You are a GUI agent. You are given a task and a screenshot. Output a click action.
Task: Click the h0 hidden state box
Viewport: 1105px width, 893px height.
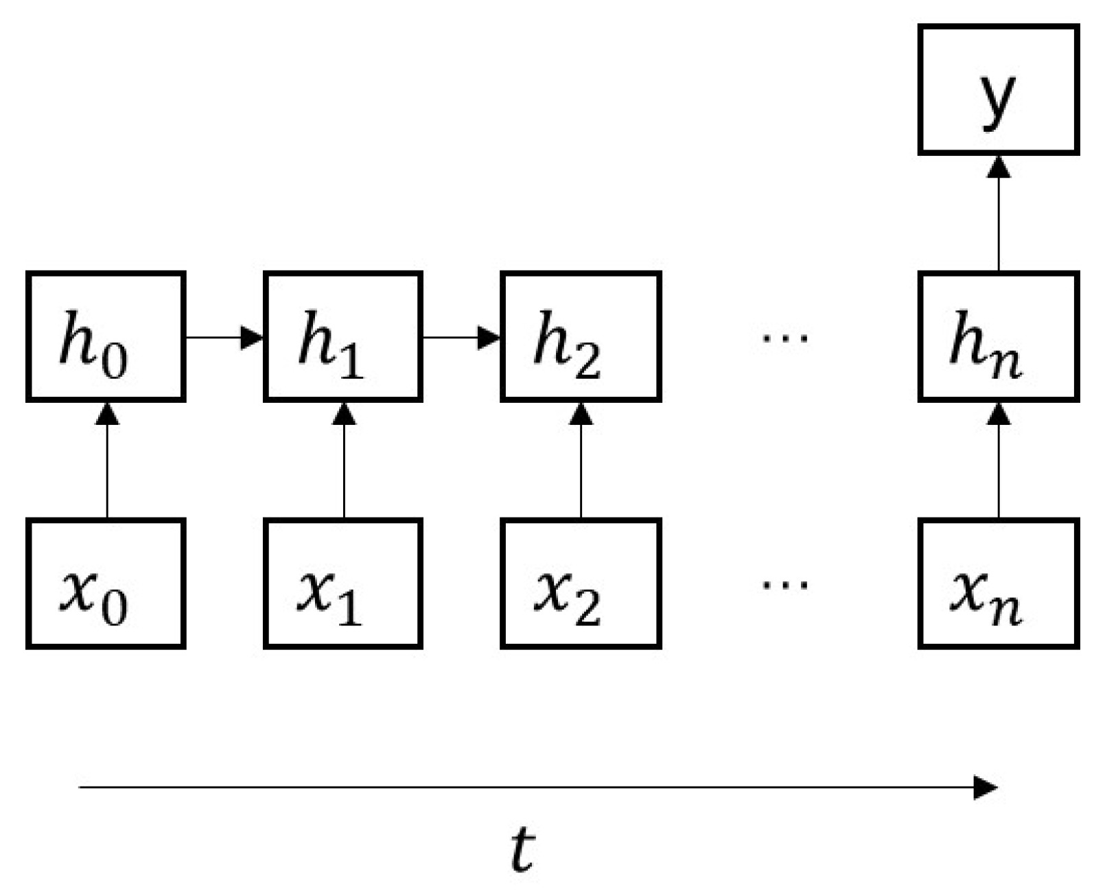point(106,336)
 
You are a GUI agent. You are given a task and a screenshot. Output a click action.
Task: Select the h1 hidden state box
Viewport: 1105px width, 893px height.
point(343,336)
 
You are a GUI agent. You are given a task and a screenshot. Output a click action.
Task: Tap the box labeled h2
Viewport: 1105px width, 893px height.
point(581,336)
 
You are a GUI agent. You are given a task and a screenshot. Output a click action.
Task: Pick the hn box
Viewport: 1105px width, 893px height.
point(999,336)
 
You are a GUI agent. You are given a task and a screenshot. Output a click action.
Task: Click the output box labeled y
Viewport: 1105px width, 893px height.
point(999,89)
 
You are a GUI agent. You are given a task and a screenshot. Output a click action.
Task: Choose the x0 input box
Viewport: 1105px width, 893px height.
point(106,583)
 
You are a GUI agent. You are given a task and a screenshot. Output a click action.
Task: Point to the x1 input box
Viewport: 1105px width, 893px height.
point(343,583)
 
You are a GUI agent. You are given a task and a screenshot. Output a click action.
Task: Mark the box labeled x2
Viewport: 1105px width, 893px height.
point(581,583)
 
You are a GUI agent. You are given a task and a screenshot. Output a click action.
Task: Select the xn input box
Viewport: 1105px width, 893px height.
point(999,583)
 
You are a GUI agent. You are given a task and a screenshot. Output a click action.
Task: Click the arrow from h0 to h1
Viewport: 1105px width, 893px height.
point(224,337)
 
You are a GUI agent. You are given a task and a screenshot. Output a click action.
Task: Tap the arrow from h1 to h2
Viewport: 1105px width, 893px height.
point(461,337)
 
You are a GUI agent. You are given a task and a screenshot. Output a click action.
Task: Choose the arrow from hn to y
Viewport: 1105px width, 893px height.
point(999,213)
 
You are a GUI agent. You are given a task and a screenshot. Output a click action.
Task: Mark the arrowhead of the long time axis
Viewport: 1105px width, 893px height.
point(987,787)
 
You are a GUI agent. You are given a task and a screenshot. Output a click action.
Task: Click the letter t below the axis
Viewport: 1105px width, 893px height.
point(523,849)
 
